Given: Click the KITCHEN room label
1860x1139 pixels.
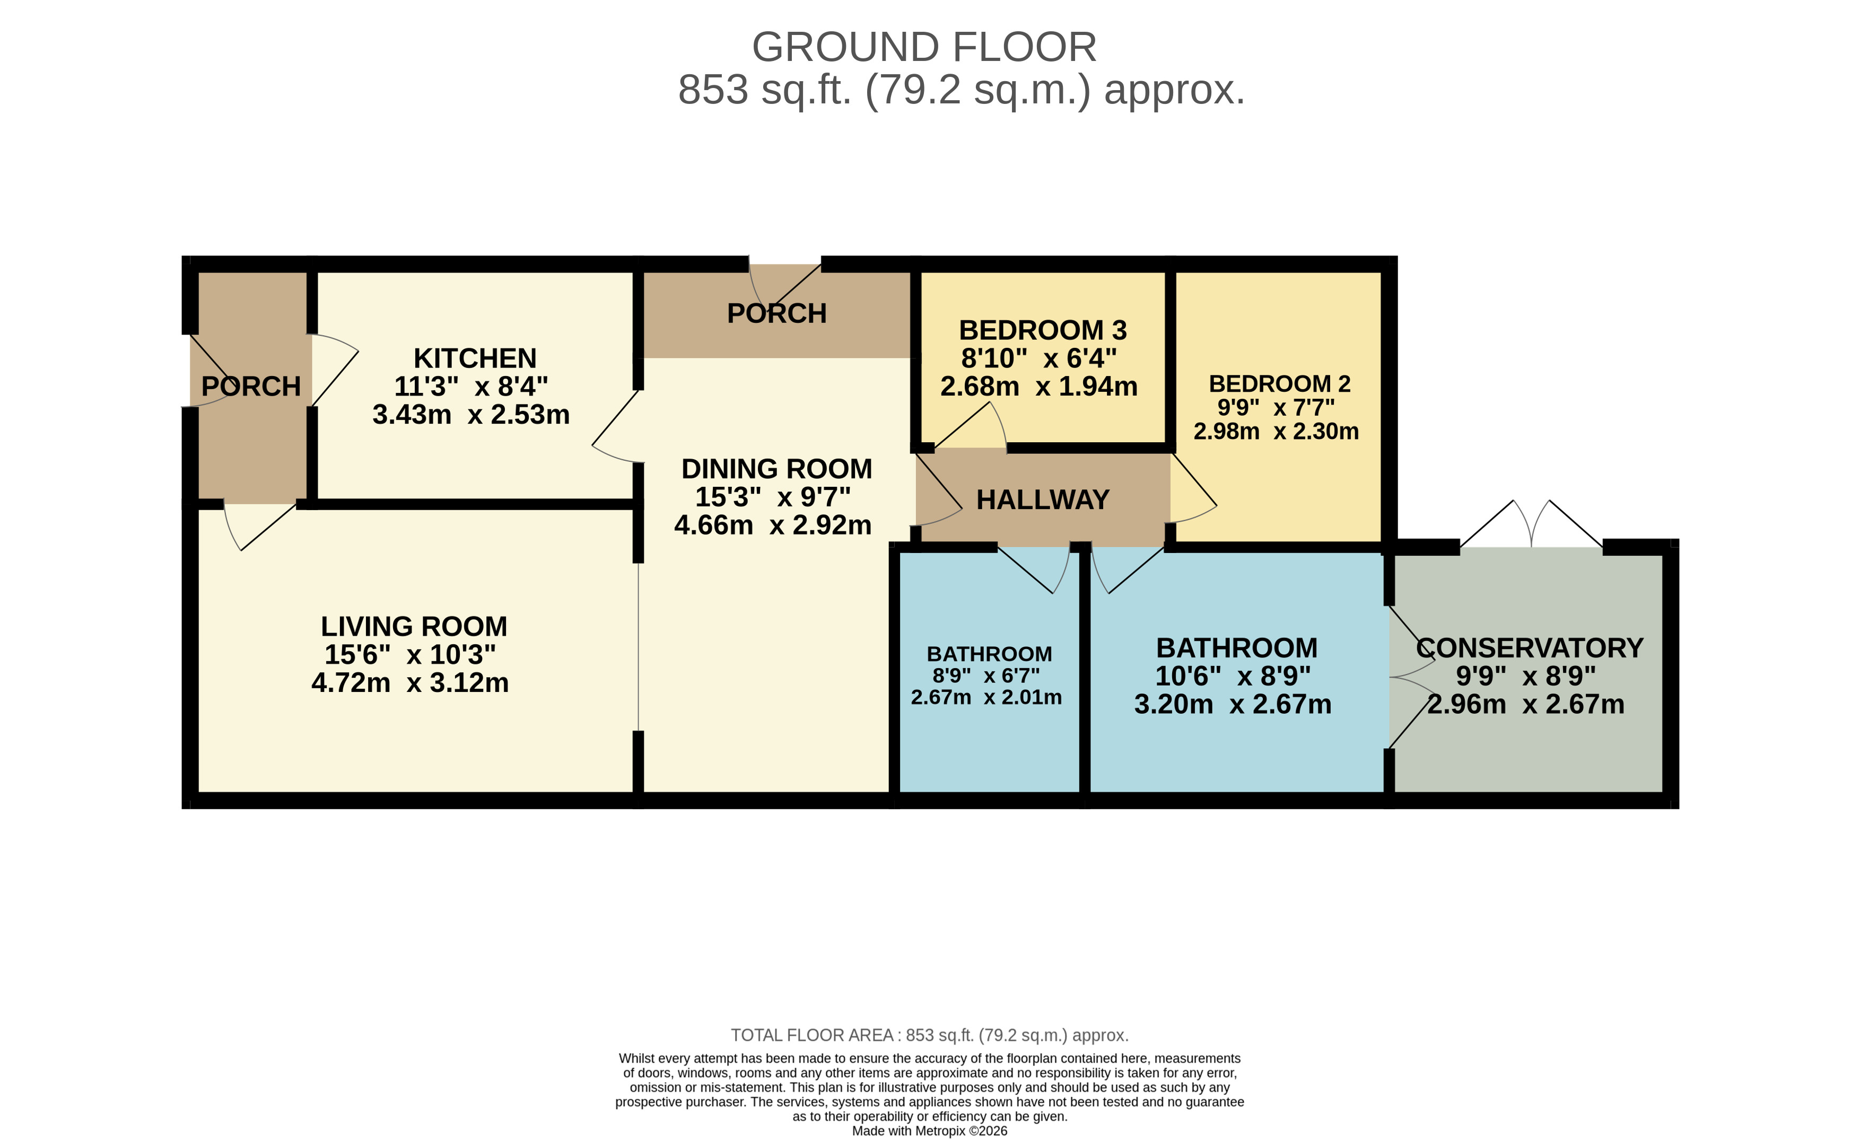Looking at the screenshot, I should (x=475, y=358).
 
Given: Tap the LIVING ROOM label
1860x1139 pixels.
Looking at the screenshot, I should (x=414, y=626).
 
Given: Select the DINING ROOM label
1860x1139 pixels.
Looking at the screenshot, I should (x=776, y=469).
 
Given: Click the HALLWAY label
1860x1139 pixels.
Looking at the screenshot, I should (x=1043, y=500).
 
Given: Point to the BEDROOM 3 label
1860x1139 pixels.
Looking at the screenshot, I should (x=1043, y=330).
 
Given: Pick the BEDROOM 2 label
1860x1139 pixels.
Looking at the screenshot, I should (x=1279, y=383).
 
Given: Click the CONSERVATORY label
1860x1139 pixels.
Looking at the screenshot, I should (x=1530, y=647).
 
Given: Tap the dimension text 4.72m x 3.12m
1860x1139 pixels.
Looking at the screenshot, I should (x=410, y=683).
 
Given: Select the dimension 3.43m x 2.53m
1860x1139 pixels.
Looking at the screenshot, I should (x=471, y=414).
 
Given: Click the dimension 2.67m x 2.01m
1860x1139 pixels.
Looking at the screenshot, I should (x=986, y=697).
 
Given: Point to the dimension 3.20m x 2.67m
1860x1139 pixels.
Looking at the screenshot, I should (x=1233, y=704).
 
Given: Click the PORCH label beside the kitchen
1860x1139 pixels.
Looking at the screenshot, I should (x=251, y=387).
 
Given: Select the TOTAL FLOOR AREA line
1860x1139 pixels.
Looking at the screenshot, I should (x=929, y=1035).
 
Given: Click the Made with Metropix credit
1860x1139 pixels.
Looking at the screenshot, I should (x=929, y=1131).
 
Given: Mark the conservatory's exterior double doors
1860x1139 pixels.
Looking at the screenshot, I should (x=1531, y=528).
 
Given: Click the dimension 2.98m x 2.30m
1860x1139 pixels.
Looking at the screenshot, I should (x=1276, y=431).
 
